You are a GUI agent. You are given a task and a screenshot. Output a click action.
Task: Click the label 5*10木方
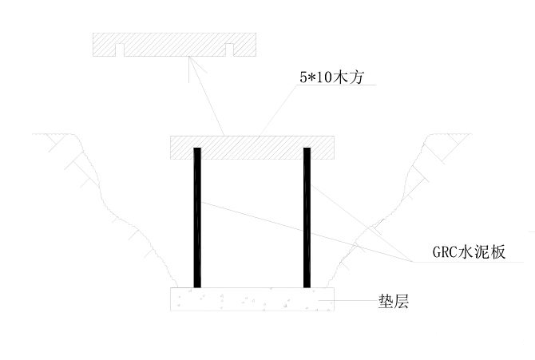(x=331, y=77)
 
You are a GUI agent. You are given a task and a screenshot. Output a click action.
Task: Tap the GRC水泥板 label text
(x=469, y=252)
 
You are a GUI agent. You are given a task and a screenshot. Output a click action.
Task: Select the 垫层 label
(x=394, y=301)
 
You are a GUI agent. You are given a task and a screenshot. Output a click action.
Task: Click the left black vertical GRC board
(x=197, y=217)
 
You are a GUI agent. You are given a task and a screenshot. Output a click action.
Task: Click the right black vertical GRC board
(x=307, y=217)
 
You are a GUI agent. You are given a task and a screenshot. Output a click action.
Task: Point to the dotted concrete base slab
(x=252, y=299)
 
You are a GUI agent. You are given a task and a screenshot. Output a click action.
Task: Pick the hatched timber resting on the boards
(x=252, y=148)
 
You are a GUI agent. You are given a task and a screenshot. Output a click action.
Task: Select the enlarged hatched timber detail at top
(x=174, y=45)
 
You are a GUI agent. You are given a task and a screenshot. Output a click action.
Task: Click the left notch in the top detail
(x=120, y=50)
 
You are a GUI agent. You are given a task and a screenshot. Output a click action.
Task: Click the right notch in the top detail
(x=229, y=50)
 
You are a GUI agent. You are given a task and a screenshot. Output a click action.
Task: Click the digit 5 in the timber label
(x=303, y=77)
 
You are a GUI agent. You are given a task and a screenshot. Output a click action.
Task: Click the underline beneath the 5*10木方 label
(x=335, y=85)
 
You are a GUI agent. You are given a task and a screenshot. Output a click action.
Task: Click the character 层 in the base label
(x=401, y=301)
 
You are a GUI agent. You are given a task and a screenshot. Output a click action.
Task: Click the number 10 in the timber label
(x=323, y=77)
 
